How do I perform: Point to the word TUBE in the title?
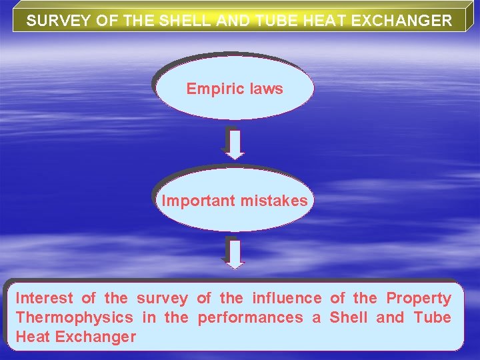click(x=274, y=21)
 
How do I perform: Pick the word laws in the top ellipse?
click(x=265, y=89)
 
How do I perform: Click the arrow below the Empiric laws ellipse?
click(x=234, y=143)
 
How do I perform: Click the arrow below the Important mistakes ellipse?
click(x=234, y=253)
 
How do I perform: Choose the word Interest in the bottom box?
click(x=44, y=298)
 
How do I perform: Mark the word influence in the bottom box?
click(x=287, y=298)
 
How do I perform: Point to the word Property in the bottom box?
click(x=419, y=298)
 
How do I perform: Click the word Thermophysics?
click(x=74, y=317)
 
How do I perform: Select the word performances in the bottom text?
click(x=250, y=317)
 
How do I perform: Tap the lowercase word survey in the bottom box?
click(x=162, y=298)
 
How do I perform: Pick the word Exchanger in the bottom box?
click(x=95, y=337)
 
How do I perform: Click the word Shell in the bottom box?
click(x=348, y=317)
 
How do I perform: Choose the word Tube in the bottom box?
click(x=432, y=317)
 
